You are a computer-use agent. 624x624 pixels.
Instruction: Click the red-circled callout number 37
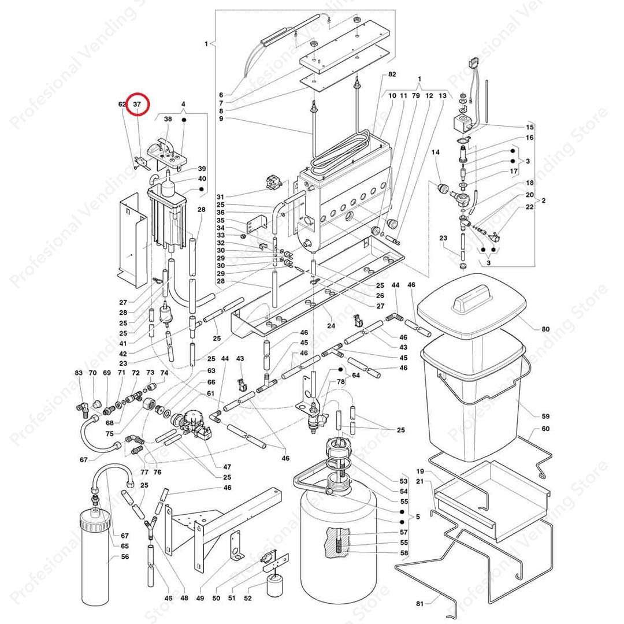(x=138, y=105)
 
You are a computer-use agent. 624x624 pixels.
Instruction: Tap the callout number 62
(x=122, y=105)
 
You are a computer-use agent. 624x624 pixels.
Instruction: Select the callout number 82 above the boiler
(x=392, y=75)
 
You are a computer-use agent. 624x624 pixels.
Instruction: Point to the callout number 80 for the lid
(x=545, y=329)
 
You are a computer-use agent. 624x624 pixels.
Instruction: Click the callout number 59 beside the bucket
(x=545, y=416)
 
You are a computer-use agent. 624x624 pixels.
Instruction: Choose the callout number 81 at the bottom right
(x=419, y=604)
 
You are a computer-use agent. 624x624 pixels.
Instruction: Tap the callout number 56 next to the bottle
(x=125, y=557)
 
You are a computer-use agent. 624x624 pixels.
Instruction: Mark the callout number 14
(x=436, y=152)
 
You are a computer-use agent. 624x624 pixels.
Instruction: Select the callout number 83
(x=79, y=373)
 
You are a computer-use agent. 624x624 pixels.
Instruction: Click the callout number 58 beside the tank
(x=403, y=553)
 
